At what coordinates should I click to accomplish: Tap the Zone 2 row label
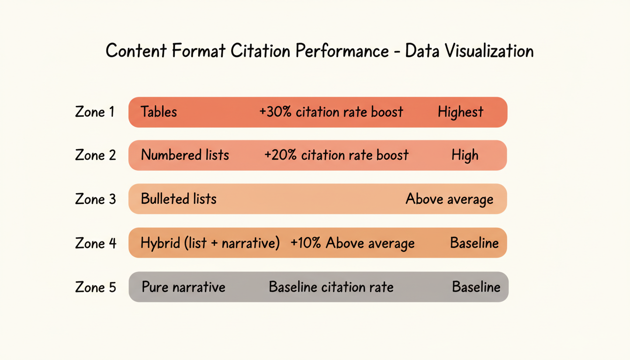click(95, 155)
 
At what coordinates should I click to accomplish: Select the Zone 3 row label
click(95, 199)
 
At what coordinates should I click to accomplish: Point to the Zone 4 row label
click(96, 243)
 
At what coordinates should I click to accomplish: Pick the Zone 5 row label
click(95, 287)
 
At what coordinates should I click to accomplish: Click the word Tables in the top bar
click(159, 112)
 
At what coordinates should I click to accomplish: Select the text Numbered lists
click(185, 155)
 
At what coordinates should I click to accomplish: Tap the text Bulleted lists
click(179, 199)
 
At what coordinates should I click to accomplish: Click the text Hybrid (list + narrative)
click(210, 243)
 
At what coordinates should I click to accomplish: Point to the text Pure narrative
click(183, 287)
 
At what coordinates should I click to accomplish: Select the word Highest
click(460, 112)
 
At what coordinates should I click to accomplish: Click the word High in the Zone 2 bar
click(465, 155)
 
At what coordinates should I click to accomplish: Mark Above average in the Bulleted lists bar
click(449, 199)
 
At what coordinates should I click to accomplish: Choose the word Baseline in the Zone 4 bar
click(474, 243)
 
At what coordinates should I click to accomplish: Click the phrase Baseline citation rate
click(331, 287)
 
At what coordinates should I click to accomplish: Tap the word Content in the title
click(136, 51)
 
